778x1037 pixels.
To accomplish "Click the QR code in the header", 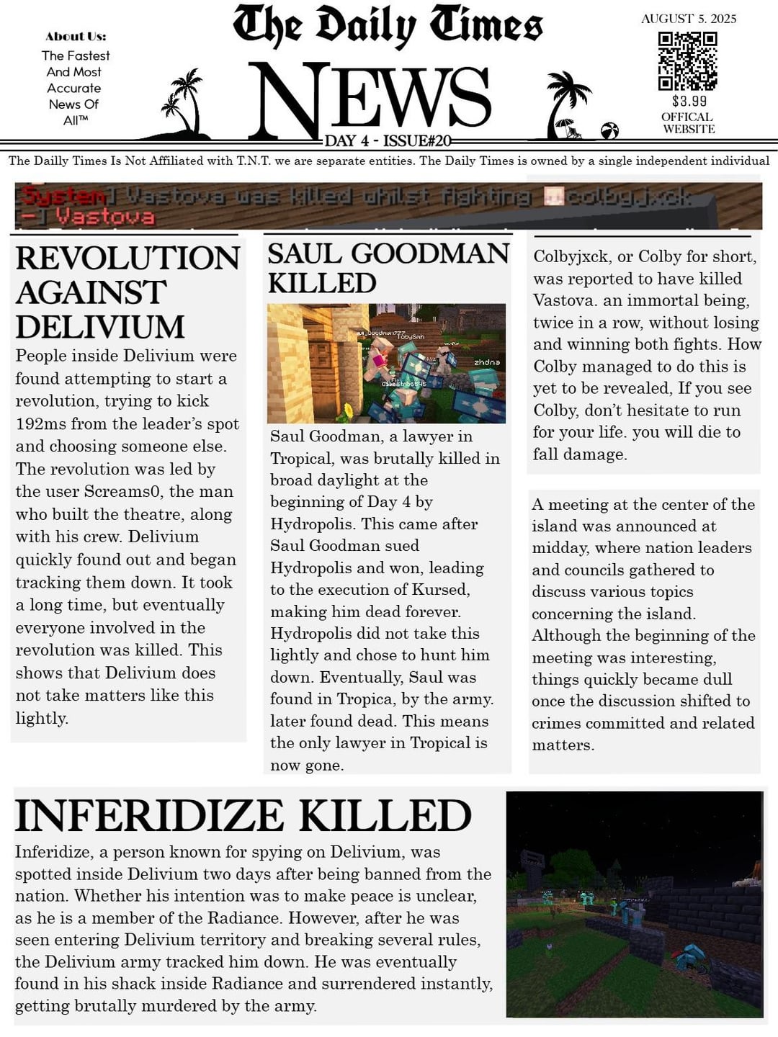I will click(x=688, y=60).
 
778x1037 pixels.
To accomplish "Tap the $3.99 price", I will click(x=689, y=101).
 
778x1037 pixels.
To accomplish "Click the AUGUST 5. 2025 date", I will click(x=689, y=19).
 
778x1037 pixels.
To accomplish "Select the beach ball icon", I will click(x=609, y=130).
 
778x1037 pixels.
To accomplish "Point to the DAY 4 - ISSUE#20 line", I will click(x=388, y=141).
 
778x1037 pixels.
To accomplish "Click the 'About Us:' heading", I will click(x=75, y=36).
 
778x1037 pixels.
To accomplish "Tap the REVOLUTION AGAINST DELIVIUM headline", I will click(x=126, y=292).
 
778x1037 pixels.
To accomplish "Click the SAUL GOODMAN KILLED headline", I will click(x=387, y=268).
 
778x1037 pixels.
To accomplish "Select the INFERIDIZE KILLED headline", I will click(x=243, y=816).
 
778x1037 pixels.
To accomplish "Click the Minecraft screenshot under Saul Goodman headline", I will click(x=386, y=363).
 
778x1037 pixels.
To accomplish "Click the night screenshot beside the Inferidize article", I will click(x=634, y=904).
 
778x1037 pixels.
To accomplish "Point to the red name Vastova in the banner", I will click(x=104, y=216).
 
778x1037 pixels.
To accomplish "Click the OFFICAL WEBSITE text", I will click(x=689, y=123).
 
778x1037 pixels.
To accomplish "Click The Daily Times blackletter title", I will click(x=388, y=26).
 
